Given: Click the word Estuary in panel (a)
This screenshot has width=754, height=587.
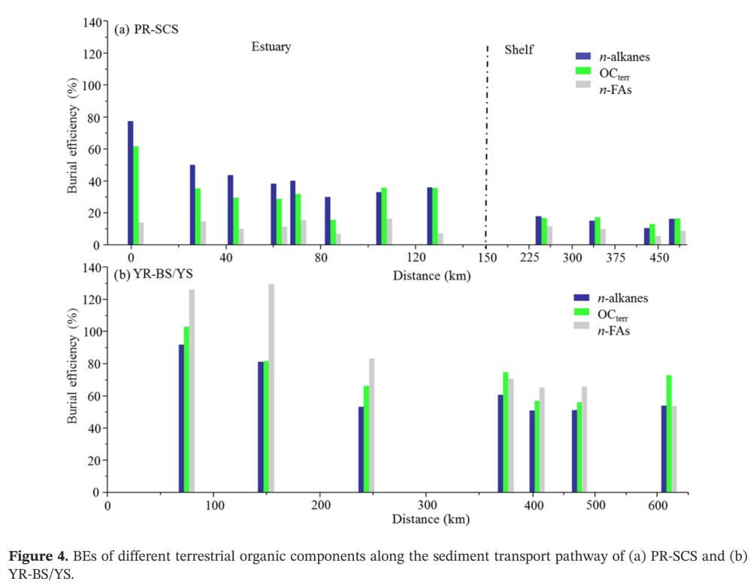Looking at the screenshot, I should pyautogui.click(x=271, y=47).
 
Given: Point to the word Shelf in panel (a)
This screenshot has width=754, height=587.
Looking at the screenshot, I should pyautogui.click(x=519, y=50).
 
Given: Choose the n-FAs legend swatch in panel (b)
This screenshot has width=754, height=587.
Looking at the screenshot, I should pyautogui.click(x=583, y=325).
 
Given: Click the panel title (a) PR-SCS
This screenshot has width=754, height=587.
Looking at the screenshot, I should pyautogui.click(x=146, y=29).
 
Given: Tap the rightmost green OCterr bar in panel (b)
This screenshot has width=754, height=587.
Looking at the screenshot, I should pyautogui.click(x=669, y=434).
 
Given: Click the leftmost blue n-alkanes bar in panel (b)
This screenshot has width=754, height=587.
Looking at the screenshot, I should pyautogui.click(x=181, y=418).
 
